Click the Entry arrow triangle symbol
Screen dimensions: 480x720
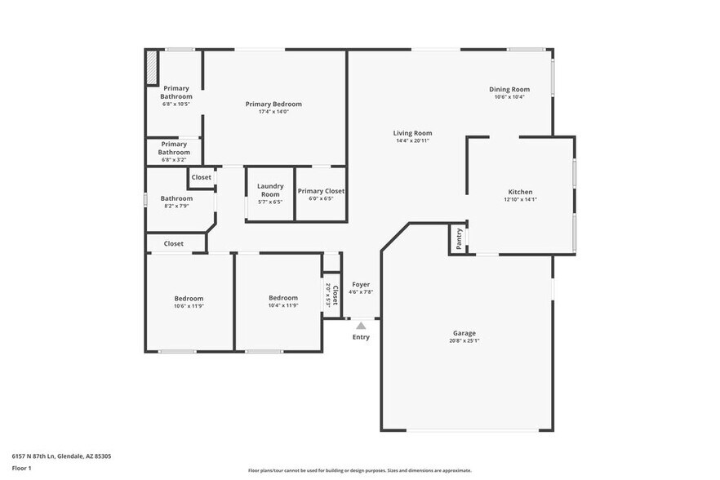pyautogui.click(x=361, y=326)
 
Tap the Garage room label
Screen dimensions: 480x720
pyautogui.click(x=464, y=333)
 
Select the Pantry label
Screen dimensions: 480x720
pyautogui.click(x=460, y=238)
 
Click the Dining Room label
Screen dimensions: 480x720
pyautogui.click(x=509, y=89)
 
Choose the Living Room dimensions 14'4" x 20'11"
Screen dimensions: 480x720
pyautogui.click(x=412, y=140)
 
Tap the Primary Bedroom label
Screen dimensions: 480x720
pyautogui.click(x=273, y=104)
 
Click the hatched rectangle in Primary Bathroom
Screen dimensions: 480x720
pyautogui.click(x=151, y=68)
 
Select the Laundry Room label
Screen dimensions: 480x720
pyautogui.click(x=270, y=190)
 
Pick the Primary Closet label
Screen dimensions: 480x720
pyautogui.click(x=321, y=191)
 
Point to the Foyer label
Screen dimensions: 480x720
pyautogui.click(x=361, y=285)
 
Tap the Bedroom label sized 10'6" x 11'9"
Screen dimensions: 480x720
pyautogui.click(x=189, y=299)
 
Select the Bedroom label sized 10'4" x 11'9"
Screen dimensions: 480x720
pyautogui.click(x=283, y=299)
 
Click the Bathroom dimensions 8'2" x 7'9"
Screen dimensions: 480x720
pyautogui.click(x=176, y=207)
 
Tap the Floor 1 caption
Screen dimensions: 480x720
pyautogui.click(x=21, y=469)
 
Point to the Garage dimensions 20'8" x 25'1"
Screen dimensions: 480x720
pyautogui.click(x=464, y=341)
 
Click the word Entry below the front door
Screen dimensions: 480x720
pyautogui.click(x=361, y=337)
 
